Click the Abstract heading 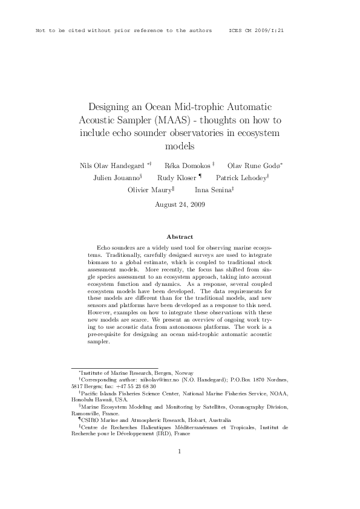click(x=180, y=237)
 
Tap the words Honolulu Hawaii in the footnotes click(x=93, y=399)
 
